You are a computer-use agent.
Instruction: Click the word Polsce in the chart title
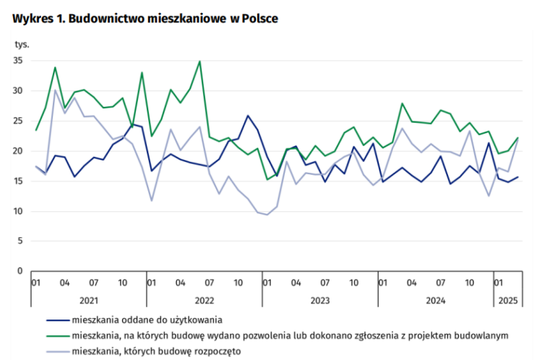point(257,19)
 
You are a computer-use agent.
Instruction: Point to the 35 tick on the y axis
point(19,61)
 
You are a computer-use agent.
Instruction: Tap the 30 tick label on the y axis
point(19,91)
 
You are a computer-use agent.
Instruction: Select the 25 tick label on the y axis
point(19,121)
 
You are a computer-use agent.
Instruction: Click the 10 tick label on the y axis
point(19,211)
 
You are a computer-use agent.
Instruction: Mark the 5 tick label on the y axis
point(21,241)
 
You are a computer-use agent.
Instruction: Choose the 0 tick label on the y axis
point(21,271)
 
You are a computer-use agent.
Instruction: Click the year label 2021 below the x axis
point(89,299)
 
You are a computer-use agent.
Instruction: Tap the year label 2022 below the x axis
point(204,299)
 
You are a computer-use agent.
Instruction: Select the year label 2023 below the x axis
point(319,299)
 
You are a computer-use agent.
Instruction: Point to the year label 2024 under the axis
point(435,299)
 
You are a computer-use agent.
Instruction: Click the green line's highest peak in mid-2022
point(199,61)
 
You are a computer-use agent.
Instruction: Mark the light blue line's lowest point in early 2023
point(267,215)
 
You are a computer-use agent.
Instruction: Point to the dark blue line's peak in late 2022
point(248,116)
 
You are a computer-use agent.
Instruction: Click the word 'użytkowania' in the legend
point(195,319)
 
